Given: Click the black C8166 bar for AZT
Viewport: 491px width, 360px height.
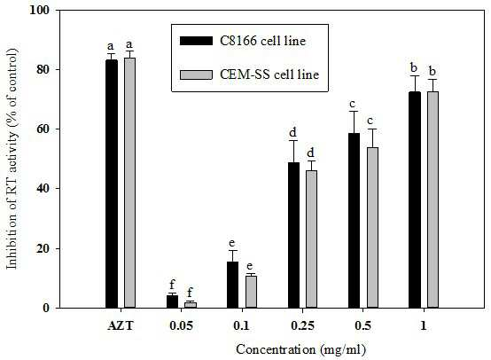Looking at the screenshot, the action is (112, 184).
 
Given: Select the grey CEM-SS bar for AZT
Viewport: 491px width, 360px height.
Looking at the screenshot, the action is (129, 183).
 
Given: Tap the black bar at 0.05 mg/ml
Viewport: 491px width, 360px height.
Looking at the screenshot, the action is (172, 301).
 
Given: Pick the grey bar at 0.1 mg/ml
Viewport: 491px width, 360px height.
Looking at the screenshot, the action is (251, 292).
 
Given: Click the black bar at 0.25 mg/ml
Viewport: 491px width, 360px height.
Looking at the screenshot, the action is (293, 235).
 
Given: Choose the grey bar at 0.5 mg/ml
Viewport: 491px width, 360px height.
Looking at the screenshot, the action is (372, 228).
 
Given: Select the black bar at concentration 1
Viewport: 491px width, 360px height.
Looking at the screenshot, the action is (415, 200).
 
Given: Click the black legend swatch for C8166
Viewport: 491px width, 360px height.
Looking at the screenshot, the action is (196, 41).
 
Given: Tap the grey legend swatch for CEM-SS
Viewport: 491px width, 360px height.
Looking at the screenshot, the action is (196, 74).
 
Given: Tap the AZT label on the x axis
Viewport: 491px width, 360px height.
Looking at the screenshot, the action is (121, 325).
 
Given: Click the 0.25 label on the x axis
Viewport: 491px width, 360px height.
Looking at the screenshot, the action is (302, 325).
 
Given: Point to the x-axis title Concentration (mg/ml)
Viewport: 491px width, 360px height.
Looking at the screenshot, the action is (301, 349).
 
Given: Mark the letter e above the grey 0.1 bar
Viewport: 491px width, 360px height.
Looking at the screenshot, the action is (250, 266).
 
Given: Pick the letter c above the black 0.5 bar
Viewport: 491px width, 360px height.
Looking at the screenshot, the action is (354, 104).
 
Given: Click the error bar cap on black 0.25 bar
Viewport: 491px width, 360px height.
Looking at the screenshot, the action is (293, 141).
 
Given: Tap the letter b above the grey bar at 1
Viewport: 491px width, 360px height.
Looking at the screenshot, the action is (433, 71).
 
